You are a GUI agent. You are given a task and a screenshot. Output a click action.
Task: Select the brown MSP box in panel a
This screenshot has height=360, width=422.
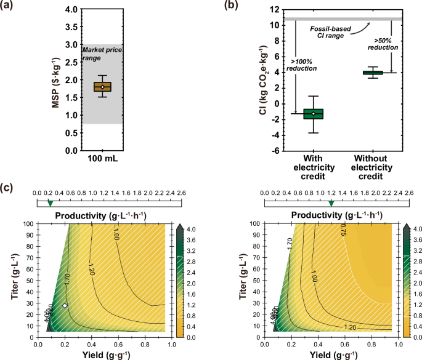pos(103,87)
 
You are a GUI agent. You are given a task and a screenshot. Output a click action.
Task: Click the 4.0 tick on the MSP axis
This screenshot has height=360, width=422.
pos(70,10)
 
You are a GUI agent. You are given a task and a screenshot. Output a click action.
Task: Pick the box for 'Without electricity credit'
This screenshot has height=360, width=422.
pos(372,73)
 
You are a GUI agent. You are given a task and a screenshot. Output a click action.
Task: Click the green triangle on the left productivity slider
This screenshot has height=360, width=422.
pos(51,203)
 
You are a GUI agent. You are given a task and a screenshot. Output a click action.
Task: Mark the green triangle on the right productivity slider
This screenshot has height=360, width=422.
pos(331,203)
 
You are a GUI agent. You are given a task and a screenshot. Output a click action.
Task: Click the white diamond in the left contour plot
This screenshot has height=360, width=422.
pos(65,305)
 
